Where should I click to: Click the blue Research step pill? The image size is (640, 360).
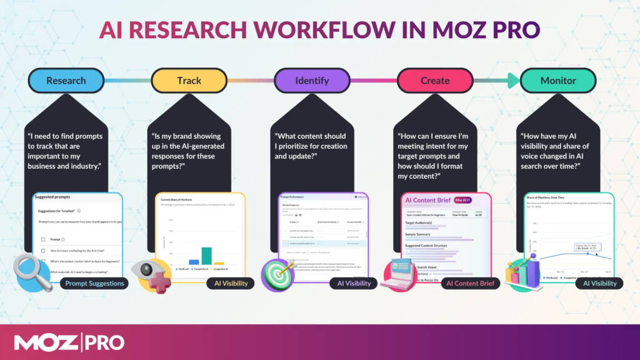click(x=66, y=80)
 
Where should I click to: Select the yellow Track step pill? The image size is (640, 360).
click(x=189, y=80)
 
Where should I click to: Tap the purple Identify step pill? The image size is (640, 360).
click(x=312, y=80)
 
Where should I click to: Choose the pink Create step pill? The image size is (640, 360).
click(x=435, y=80)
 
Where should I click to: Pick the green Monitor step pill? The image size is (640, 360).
click(x=558, y=80)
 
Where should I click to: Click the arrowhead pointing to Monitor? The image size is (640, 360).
click(x=513, y=80)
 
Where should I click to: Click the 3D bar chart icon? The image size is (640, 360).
click(x=523, y=273)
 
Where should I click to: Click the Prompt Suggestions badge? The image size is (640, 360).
click(x=94, y=283)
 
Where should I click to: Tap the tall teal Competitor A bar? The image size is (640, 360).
click(x=206, y=256)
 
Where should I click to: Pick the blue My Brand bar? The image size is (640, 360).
click(x=194, y=262)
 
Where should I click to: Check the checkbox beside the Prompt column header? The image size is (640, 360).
click(x=42, y=239)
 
